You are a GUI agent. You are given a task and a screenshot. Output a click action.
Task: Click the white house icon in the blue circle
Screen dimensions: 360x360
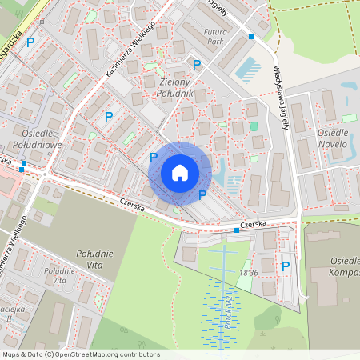click(x=180, y=173)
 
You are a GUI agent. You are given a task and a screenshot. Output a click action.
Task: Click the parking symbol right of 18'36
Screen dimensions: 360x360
click(x=285, y=266)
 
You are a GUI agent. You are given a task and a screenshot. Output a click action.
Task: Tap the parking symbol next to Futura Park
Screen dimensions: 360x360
click(x=196, y=64)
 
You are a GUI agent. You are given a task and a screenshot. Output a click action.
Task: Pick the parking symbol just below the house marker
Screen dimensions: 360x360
click(x=202, y=194)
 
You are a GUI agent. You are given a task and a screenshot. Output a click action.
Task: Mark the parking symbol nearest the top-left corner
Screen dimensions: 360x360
click(x=30, y=42)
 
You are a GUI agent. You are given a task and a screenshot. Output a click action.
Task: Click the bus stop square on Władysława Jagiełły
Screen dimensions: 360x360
click(x=250, y=37)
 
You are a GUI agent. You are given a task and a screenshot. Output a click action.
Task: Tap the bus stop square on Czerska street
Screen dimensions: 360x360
click(x=237, y=230)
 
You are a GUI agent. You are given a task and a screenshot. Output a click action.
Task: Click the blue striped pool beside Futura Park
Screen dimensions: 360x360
click(x=246, y=68)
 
